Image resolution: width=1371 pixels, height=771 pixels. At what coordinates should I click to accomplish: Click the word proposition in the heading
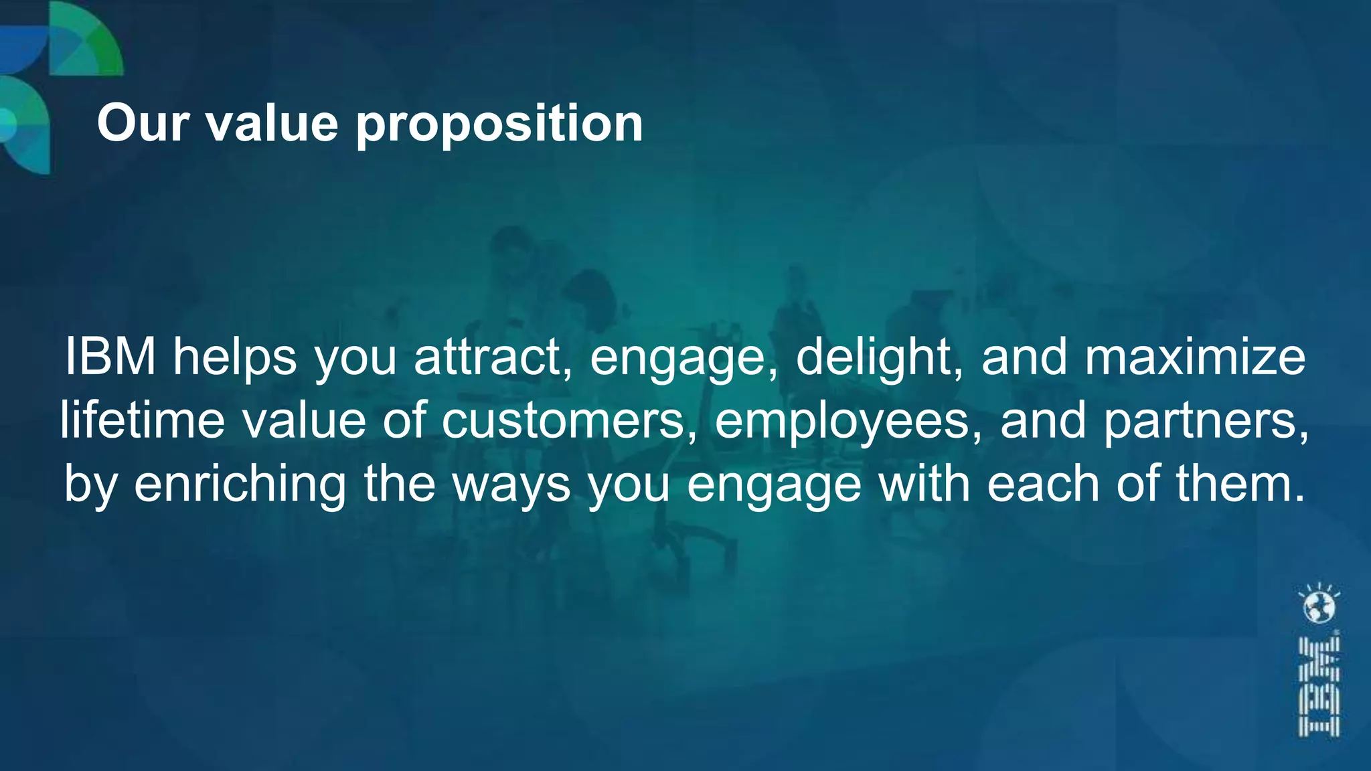tap(499, 124)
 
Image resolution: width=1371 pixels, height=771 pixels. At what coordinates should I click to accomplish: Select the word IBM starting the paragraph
tap(110, 357)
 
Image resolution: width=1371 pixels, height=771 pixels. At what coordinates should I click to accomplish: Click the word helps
tap(235, 357)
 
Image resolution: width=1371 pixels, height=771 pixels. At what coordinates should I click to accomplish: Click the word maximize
tap(1195, 357)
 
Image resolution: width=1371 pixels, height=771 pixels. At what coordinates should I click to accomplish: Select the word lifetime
tap(143, 420)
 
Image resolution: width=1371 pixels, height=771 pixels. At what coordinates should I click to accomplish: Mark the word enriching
tap(240, 484)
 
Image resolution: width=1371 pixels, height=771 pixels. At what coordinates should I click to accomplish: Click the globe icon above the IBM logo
tap(1319, 606)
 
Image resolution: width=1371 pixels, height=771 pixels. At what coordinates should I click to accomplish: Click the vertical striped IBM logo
tap(1319, 687)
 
